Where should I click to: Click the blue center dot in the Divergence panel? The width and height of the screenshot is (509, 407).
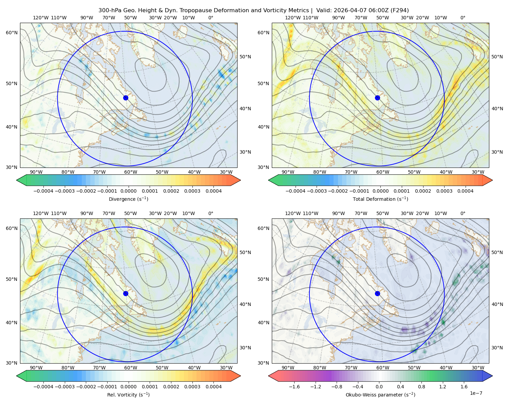pos(126,98)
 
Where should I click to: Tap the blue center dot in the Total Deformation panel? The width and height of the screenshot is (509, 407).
pos(377,98)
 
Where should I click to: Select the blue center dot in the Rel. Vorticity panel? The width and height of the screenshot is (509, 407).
pos(126,293)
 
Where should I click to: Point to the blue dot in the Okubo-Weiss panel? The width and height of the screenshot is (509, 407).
pos(377,293)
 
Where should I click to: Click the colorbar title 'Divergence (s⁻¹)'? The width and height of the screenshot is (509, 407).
pos(128,199)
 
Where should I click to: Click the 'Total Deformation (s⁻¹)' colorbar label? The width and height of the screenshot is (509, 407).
pos(380,199)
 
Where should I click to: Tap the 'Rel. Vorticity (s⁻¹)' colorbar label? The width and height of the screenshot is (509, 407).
pos(128,394)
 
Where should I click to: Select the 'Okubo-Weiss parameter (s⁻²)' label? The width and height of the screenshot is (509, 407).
pos(380,394)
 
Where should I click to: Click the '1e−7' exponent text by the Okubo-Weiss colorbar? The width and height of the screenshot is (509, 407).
pos(476,393)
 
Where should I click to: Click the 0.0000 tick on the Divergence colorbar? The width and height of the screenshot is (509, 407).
pos(128,191)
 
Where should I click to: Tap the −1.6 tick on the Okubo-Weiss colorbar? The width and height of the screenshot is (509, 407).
pos(294,387)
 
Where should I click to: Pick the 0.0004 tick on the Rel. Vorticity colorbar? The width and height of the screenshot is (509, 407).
pos(213,387)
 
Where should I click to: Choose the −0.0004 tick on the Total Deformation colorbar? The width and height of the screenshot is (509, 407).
pos(296,191)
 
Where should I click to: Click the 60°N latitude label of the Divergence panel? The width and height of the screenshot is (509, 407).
pos(12,33)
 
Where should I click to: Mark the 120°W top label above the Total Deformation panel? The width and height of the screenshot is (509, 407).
pos(293,18)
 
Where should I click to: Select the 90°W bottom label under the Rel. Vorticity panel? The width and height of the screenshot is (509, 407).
pos(36,368)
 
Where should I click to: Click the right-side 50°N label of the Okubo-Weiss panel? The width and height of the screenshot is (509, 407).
pos(497,252)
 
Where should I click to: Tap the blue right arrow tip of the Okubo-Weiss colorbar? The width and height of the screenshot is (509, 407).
pos(492,376)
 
